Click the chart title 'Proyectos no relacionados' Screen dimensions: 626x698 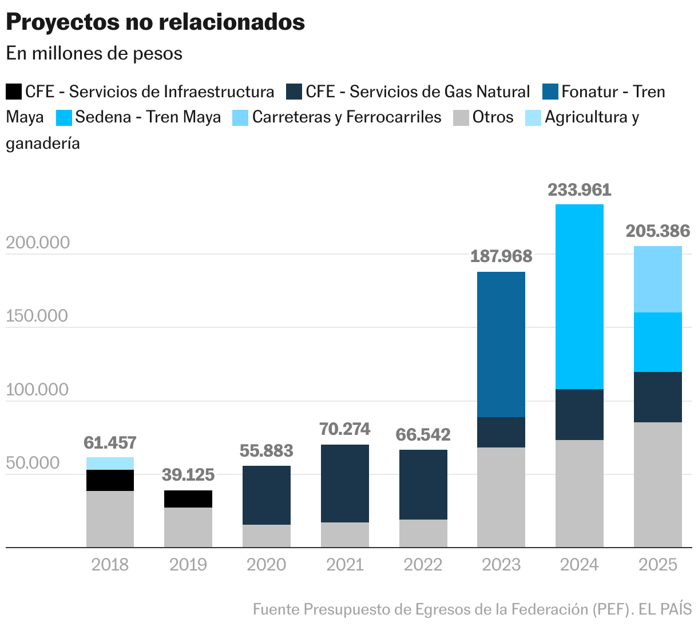[x=155, y=22]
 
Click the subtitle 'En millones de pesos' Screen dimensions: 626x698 [x=94, y=53]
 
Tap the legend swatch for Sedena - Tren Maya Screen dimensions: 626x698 [x=64, y=117]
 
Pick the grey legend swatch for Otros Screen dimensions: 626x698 [x=461, y=117]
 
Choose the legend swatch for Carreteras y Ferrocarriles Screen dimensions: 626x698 [x=240, y=117]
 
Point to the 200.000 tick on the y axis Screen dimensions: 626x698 [x=38, y=243]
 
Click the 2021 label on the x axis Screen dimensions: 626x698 [x=345, y=565]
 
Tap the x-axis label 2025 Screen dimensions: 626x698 [x=658, y=565]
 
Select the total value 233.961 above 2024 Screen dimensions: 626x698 [x=580, y=190]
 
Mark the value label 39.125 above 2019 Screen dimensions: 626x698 [x=188, y=475]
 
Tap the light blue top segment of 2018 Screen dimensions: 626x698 [x=110, y=463]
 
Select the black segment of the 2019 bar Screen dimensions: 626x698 [x=188, y=499]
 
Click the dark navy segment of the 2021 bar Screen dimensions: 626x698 [x=345, y=483]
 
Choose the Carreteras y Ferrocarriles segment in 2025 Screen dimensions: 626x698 [x=658, y=279]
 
